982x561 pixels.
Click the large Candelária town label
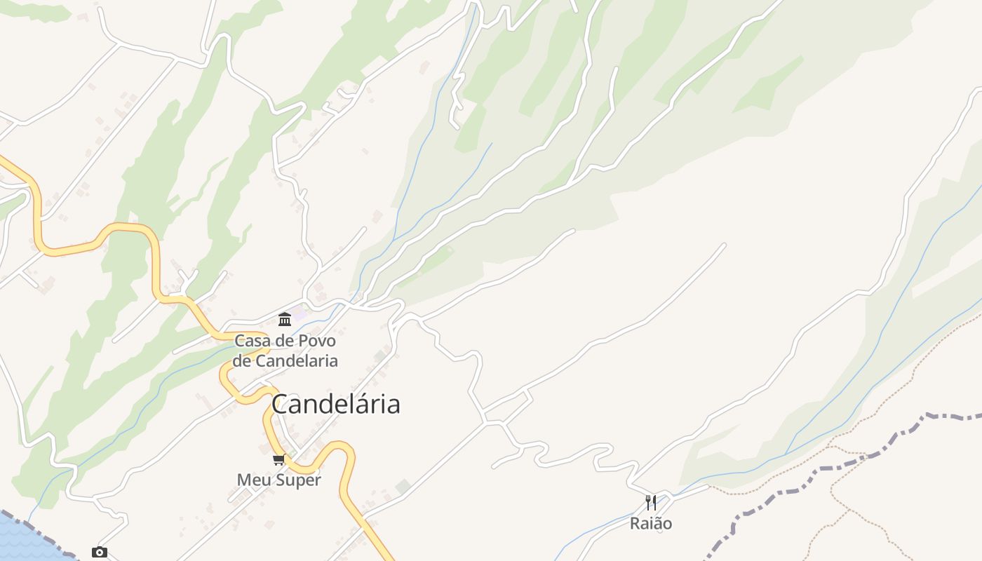tap(335, 404)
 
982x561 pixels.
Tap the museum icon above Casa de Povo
tap(285, 320)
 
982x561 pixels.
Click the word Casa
tap(253, 342)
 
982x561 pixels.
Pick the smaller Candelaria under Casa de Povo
tap(295, 361)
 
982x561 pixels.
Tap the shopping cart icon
tap(279, 460)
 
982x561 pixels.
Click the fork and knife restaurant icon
tap(651, 502)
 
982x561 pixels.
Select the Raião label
tap(651, 524)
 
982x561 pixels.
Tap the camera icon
tap(100, 553)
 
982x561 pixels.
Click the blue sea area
tap(21, 540)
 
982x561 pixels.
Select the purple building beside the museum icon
tap(300, 314)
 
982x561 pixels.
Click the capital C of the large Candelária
tap(281, 405)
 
